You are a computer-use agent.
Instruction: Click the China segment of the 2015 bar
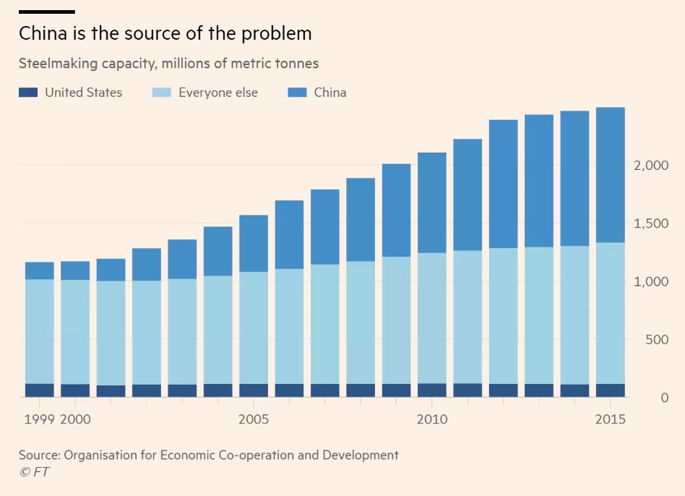(x=610, y=175)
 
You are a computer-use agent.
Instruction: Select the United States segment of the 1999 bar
(x=40, y=390)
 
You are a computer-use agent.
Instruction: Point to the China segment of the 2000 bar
(x=75, y=270)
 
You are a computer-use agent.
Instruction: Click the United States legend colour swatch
(x=27, y=93)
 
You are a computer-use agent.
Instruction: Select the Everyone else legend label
(x=217, y=93)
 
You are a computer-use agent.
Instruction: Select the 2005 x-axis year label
(x=254, y=419)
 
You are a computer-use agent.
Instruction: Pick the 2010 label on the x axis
(x=432, y=419)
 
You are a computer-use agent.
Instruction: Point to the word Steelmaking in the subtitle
(x=53, y=64)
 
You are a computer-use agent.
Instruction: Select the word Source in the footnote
(x=39, y=456)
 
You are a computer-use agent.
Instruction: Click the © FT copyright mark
(x=34, y=472)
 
